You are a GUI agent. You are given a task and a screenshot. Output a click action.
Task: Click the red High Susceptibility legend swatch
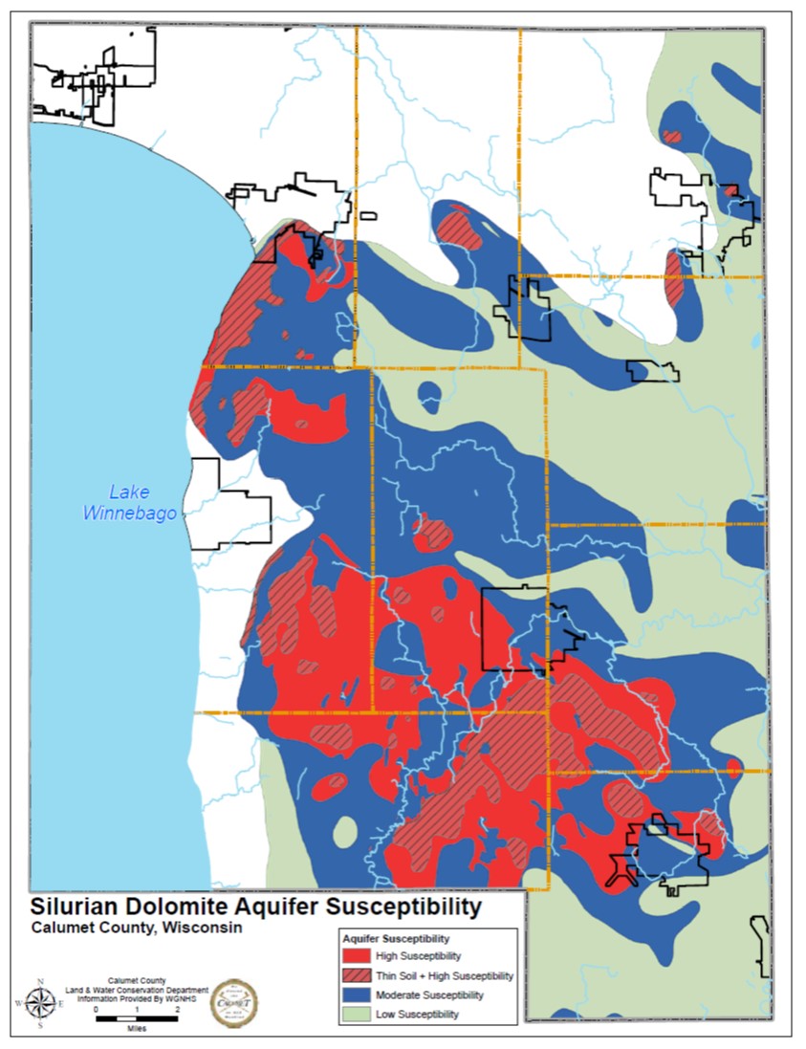[359, 956]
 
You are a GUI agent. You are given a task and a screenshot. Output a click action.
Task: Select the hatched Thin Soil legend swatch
[359, 975]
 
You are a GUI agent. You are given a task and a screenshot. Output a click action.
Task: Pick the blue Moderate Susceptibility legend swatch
[359, 994]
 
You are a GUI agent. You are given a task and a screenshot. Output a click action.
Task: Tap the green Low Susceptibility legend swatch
[359, 1014]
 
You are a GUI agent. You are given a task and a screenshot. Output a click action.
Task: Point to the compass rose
[40, 1003]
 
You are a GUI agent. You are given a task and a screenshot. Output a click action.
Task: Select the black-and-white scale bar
[137, 1020]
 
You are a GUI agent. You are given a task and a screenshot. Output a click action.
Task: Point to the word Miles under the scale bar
[137, 1031]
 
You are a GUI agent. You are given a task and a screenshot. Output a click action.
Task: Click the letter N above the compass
[40, 982]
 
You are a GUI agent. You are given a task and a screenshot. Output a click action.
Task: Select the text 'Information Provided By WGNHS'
[137, 998]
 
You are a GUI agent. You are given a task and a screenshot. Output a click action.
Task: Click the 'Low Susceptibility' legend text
[418, 1014]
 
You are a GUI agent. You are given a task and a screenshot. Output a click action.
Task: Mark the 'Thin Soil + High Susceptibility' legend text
[445, 975]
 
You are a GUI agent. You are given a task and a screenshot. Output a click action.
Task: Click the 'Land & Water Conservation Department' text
[137, 990]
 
